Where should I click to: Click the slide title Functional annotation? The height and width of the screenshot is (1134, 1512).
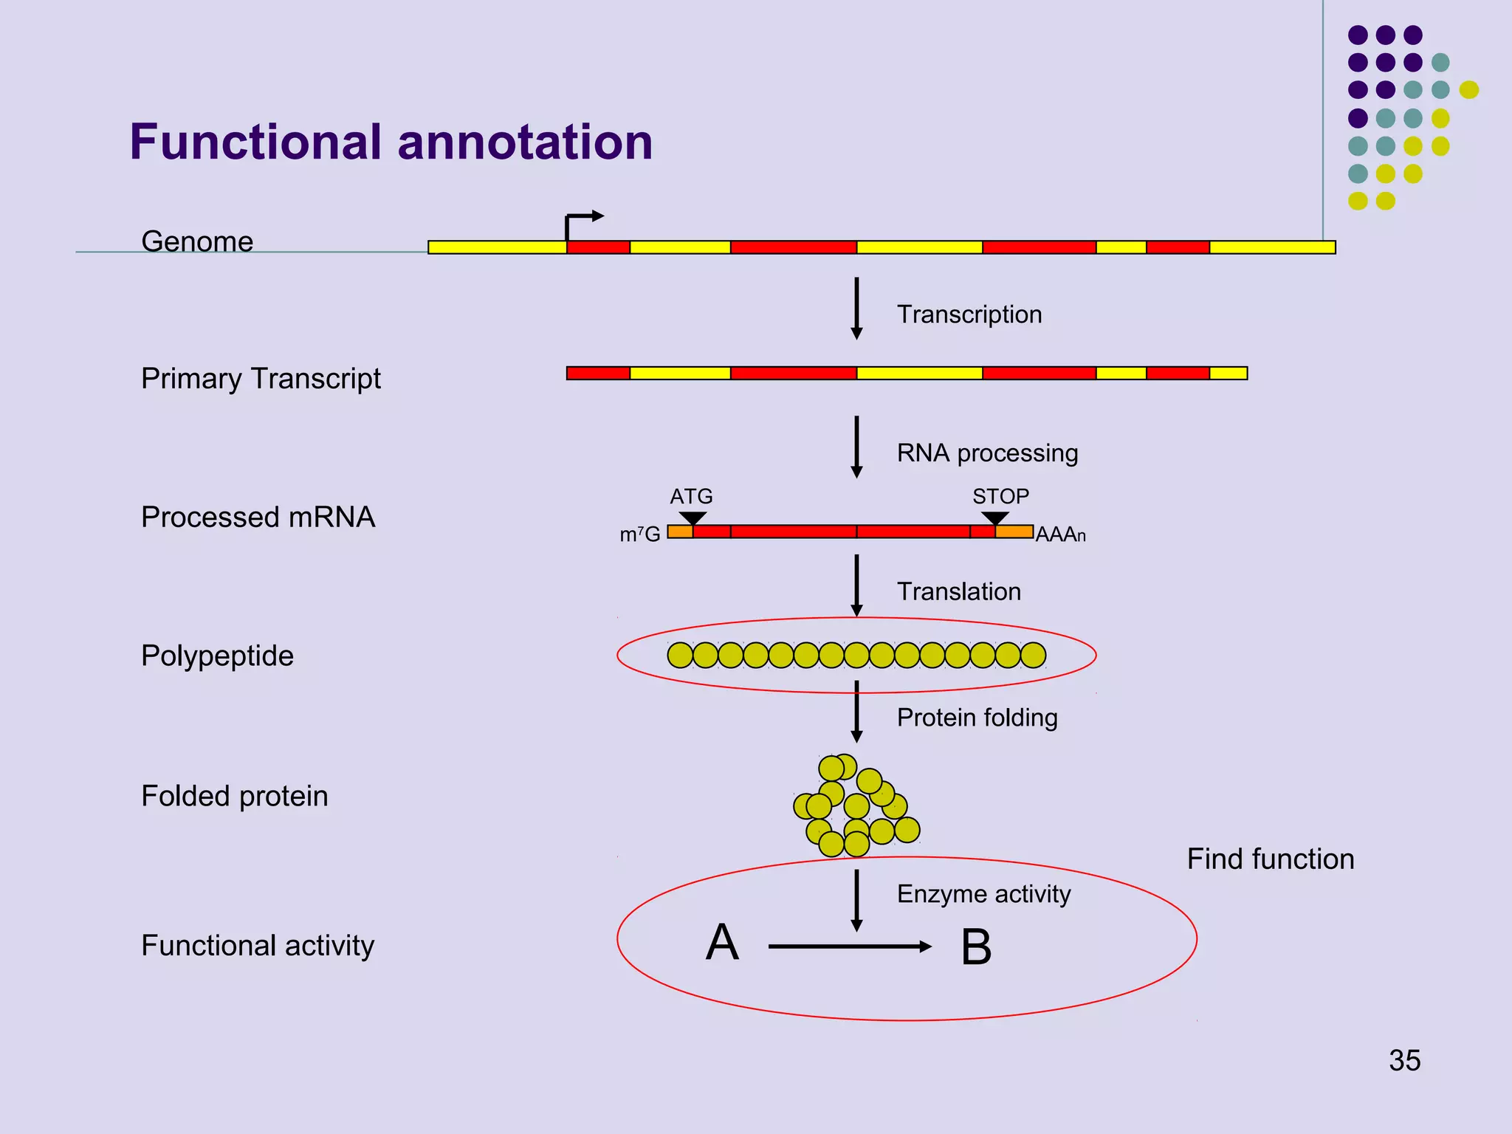(391, 142)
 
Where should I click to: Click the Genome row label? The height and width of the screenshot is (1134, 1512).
(197, 241)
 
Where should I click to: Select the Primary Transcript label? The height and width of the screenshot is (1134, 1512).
(261, 379)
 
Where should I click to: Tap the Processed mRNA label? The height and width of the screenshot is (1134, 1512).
(258, 517)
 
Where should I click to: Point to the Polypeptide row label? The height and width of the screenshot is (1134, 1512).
(217, 656)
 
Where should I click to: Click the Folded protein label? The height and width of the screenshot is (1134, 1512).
(234, 796)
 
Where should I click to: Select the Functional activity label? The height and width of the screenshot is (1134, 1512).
(258, 945)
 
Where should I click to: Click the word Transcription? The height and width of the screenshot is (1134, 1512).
(969, 315)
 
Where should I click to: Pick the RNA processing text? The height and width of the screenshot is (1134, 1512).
(987, 453)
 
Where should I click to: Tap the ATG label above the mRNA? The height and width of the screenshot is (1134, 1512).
(691, 496)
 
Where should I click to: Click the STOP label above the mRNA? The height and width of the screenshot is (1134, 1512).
(1000, 496)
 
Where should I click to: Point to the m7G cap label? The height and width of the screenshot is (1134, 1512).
(639, 535)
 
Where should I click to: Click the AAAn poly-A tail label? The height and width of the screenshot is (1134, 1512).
(1060, 535)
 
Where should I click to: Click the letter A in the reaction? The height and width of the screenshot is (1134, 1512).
(721, 943)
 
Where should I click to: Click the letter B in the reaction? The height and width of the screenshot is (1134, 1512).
(975, 948)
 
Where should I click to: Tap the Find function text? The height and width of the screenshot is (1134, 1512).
(1270, 859)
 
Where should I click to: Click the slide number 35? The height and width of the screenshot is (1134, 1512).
(1404, 1060)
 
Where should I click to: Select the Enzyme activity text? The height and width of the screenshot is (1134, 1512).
(983, 894)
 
